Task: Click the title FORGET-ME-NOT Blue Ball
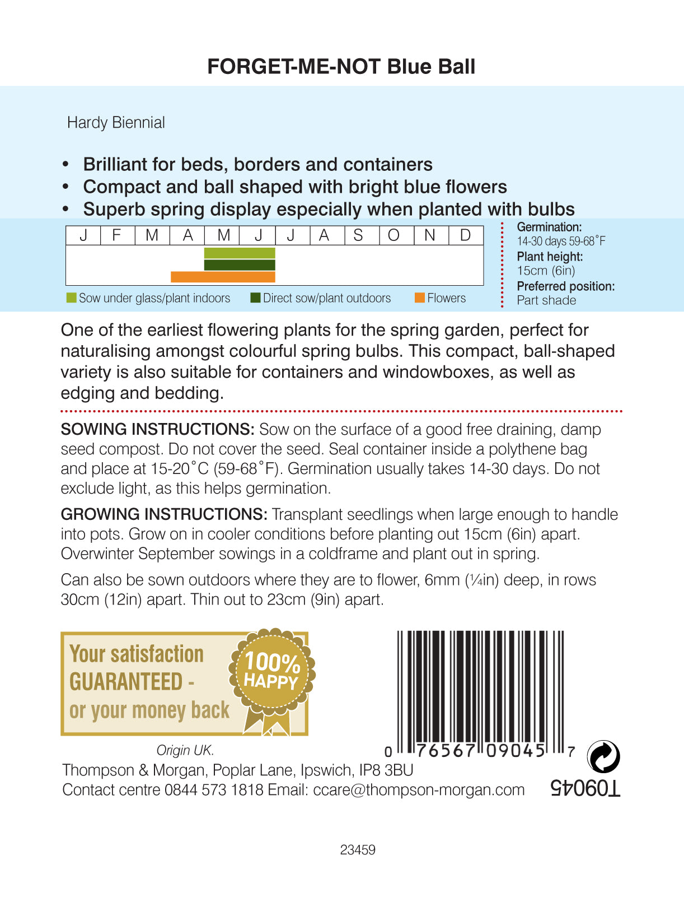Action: click(341, 67)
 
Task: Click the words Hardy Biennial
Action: click(116, 123)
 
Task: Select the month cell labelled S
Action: click(358, 235)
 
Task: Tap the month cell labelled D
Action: click(466, 235)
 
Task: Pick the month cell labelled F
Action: click(117, 235)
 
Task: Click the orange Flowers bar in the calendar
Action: click(223, 277)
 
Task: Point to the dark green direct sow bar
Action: click(240, 265)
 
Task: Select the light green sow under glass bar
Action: click(240, 253)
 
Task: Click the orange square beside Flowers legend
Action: click(419, 298)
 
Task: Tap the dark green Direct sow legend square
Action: click(255, 298)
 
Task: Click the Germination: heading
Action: click(549, 227)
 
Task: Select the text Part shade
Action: click(546, 300)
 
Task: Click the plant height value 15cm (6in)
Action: click(546, 271)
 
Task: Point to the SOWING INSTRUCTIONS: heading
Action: click(157, 430)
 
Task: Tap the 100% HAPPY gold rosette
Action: click(272, 672)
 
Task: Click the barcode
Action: click(480, 689)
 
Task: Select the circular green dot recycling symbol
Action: click(603, 756)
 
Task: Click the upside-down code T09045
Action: click(585, 788)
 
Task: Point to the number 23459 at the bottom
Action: click(358, 850)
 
